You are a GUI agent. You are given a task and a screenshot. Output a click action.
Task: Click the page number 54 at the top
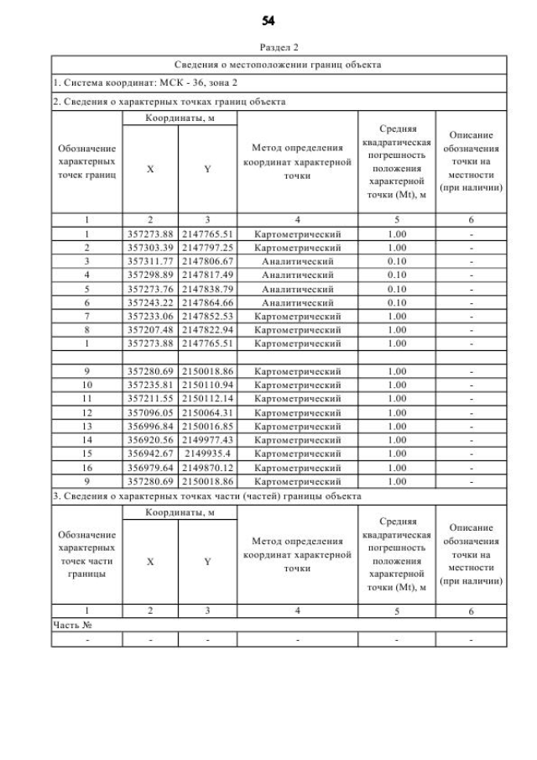(x=268, y=19)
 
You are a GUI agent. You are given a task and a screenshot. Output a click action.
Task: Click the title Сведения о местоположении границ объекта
(x=278, y=64)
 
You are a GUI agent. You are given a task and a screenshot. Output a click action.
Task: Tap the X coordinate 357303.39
(x=150, y=249)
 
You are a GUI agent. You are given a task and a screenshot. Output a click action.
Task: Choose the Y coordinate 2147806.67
(x=207, y=261)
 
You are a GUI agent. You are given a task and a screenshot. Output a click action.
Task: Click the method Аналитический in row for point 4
(x=298, y=274)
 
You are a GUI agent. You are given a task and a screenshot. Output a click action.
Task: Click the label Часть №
(x=70, y=625)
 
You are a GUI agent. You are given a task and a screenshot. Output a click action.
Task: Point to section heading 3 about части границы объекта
(x=206, y=496)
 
